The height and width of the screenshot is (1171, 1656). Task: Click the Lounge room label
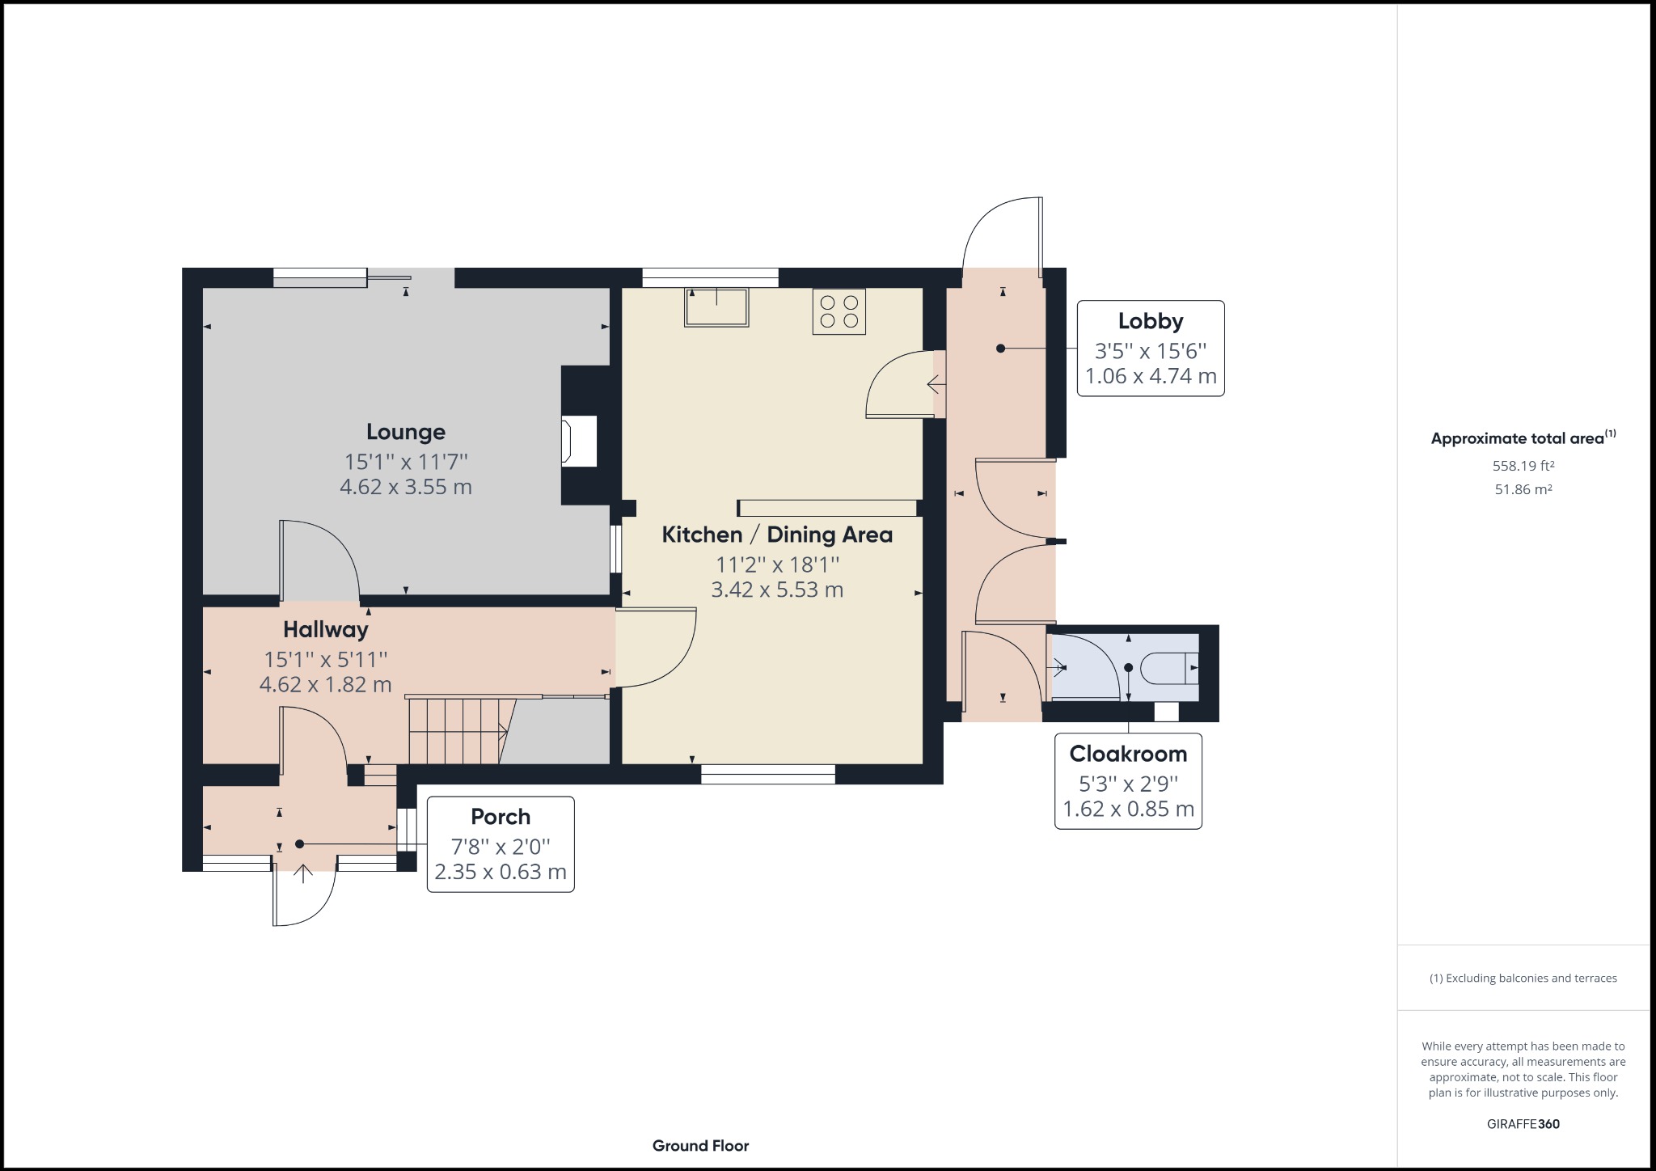point(406,432)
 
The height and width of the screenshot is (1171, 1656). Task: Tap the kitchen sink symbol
point(716,307)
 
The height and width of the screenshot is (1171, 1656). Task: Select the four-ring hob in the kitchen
point(839,311)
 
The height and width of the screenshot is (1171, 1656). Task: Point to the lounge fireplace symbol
point(580,441)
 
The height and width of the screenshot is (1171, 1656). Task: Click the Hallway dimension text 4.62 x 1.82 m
point(325,685)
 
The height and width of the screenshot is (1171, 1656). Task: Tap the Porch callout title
point(501,817)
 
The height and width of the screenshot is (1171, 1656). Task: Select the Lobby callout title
point(1151,321)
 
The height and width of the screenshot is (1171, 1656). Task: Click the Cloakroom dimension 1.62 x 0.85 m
point(1128,810)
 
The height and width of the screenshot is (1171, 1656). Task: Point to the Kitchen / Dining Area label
point(777,535)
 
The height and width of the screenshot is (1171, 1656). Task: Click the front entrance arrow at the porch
point(303,873)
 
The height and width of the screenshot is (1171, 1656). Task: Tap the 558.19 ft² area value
point(1523,466)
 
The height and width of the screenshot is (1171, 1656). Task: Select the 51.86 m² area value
point(1523,489)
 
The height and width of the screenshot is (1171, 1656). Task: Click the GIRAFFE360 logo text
point(1523,1124)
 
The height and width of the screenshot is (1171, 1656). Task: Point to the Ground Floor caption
point(701,1146)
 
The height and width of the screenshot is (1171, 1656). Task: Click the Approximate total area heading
point(1523,438)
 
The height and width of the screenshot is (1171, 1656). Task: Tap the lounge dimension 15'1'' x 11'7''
point(406,462)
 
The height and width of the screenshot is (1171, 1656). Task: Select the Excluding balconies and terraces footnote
point(1523,979)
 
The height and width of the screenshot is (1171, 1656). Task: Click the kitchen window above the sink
point(711,277)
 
